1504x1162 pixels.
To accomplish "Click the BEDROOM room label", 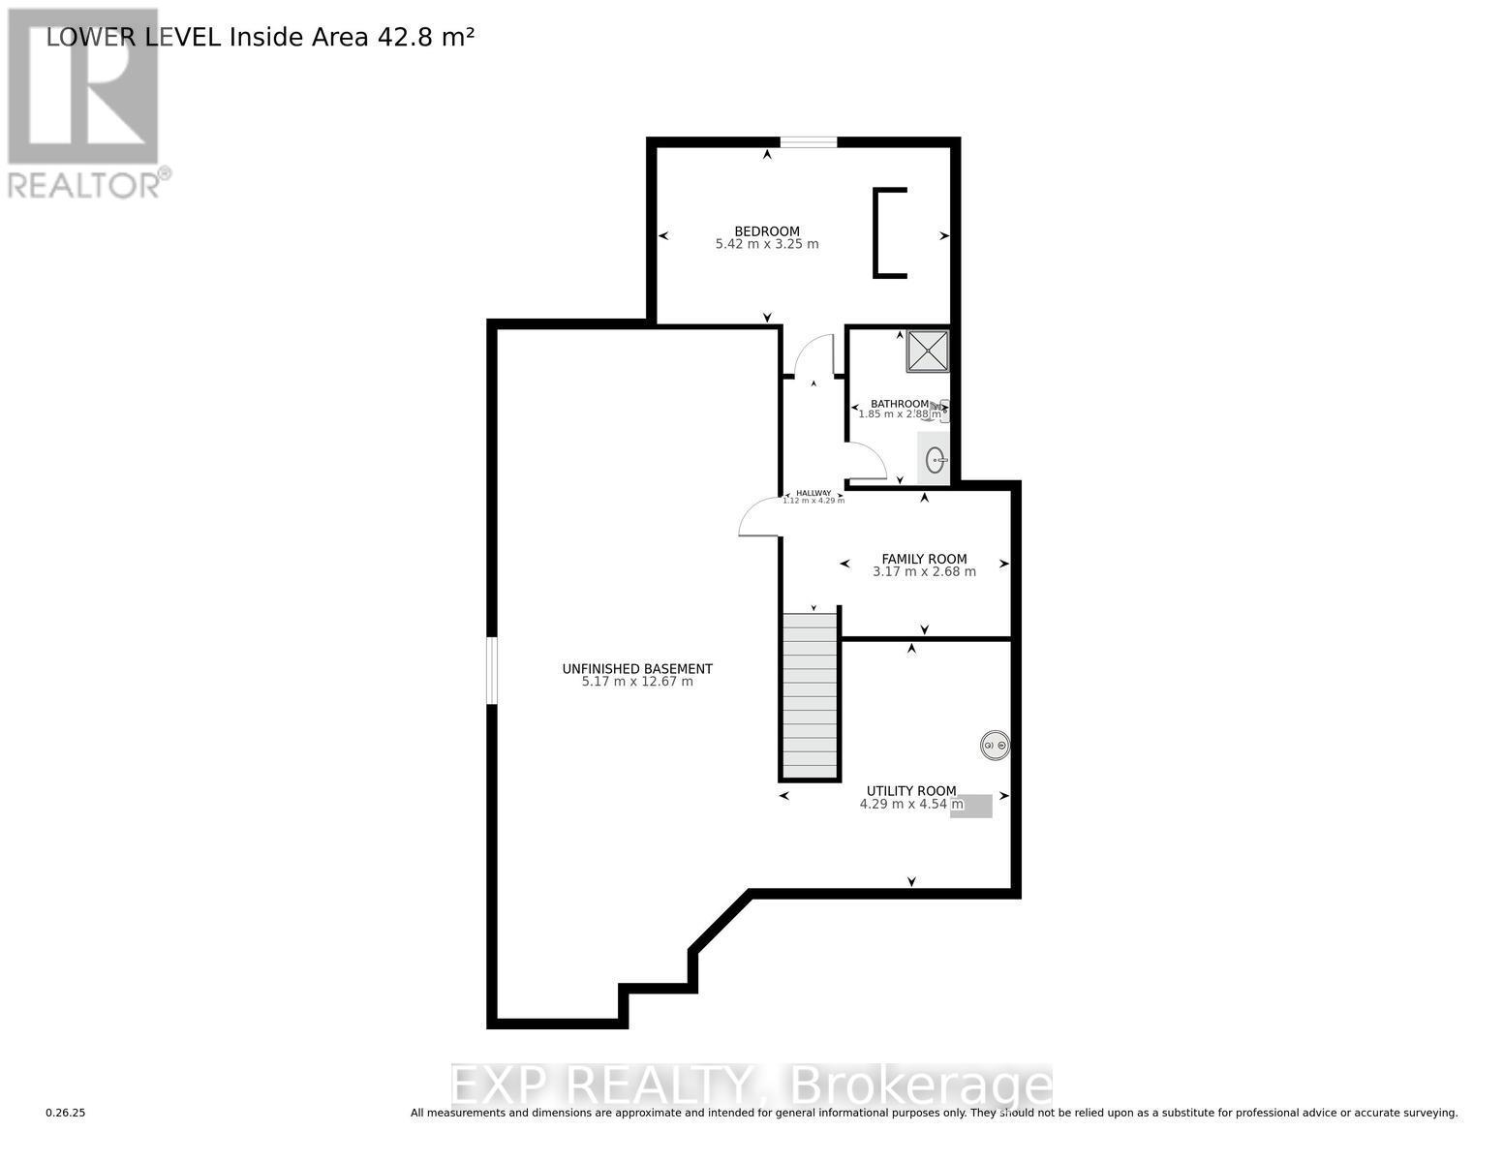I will pos(767,230).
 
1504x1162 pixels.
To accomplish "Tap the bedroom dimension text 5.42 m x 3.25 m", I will pos(767,244).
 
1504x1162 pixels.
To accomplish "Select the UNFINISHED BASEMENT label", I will pos(637,668).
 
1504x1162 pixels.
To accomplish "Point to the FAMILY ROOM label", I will pos(924,559).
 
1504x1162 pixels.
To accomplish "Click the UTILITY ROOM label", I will pos(911,790).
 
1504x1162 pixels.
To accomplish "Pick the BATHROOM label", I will pos(899,404).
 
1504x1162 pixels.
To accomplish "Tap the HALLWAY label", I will pos(813,493).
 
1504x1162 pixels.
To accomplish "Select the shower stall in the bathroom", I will pos(928,351).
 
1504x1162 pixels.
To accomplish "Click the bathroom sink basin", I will pos(935,460).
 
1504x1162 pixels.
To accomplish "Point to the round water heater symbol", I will pos(995,745).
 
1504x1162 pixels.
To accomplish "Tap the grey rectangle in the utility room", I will pos(971,806).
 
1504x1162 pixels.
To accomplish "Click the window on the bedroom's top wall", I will pos(809,142).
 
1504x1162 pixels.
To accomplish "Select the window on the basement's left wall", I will pos(492,670).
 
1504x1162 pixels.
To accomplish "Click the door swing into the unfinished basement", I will pos(759,518).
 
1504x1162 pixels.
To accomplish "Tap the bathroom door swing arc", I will pos(866,461).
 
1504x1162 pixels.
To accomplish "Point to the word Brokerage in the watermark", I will pos(919,1086).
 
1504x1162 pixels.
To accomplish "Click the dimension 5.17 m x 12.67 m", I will pos(637,682).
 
